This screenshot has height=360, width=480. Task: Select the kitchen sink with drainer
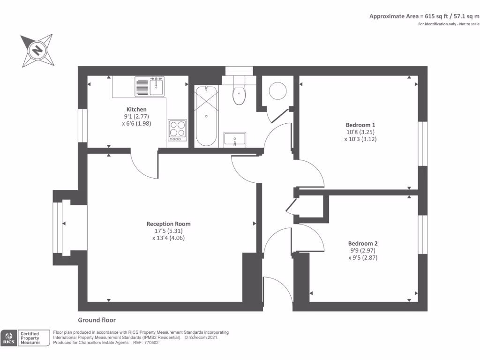(150, 86)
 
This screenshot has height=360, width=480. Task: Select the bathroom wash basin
(234, 139)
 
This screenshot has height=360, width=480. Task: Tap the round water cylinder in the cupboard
(277, 91)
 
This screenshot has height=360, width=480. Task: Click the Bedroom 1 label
(360, 125)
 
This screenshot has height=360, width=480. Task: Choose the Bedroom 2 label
(363, 243)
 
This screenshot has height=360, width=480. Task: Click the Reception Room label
(168, 224)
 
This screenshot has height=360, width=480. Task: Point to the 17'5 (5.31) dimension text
(168, 231)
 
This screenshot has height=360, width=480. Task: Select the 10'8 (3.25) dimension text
(360, 132)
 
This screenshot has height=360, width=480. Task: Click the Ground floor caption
(97, 320)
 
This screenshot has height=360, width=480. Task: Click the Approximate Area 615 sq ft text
(424, 16)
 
